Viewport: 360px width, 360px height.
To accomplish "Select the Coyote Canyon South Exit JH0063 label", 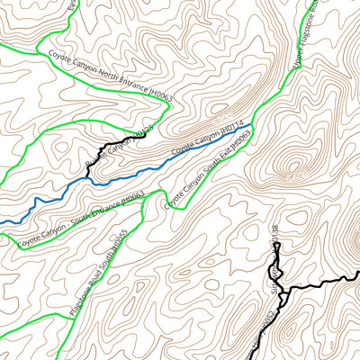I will (x=208, y=168).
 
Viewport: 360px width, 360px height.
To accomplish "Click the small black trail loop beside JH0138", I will (x=277, y=268).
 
